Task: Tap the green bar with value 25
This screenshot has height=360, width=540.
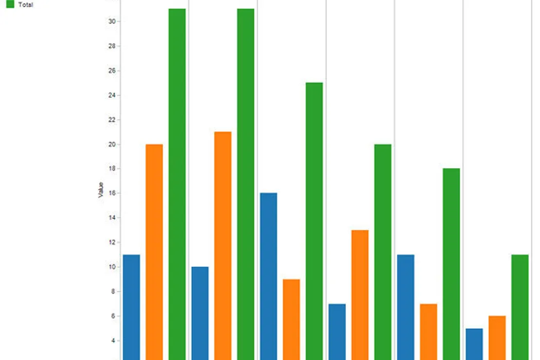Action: (314, 221)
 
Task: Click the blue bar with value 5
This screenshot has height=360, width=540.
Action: (474, 344)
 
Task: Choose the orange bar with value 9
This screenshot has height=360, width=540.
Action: (291, 319)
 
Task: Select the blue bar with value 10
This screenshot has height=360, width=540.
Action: (200, 313)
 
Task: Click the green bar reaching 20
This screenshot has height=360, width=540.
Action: (383, 252)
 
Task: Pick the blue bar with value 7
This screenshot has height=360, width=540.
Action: (337, 332)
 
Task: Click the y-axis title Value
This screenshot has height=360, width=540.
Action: (101, 190)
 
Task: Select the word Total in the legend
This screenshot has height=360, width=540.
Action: (26, 5)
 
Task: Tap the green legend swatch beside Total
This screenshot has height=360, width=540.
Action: (10, 4)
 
